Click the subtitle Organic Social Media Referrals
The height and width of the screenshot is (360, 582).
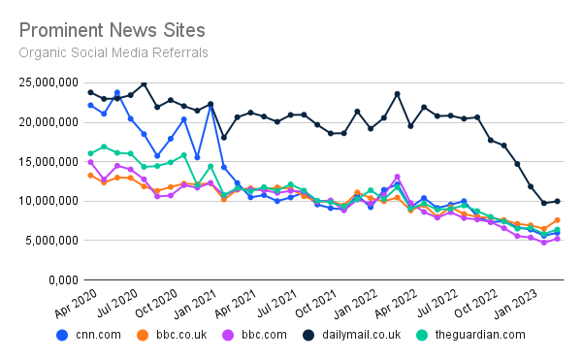point(113,51)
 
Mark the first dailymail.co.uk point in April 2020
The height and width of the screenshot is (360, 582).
point(90,92)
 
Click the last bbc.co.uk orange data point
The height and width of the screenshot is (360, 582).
point(557,220)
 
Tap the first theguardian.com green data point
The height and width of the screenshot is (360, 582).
point(90,153)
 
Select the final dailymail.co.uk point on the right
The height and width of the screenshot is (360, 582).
point(557,201)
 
